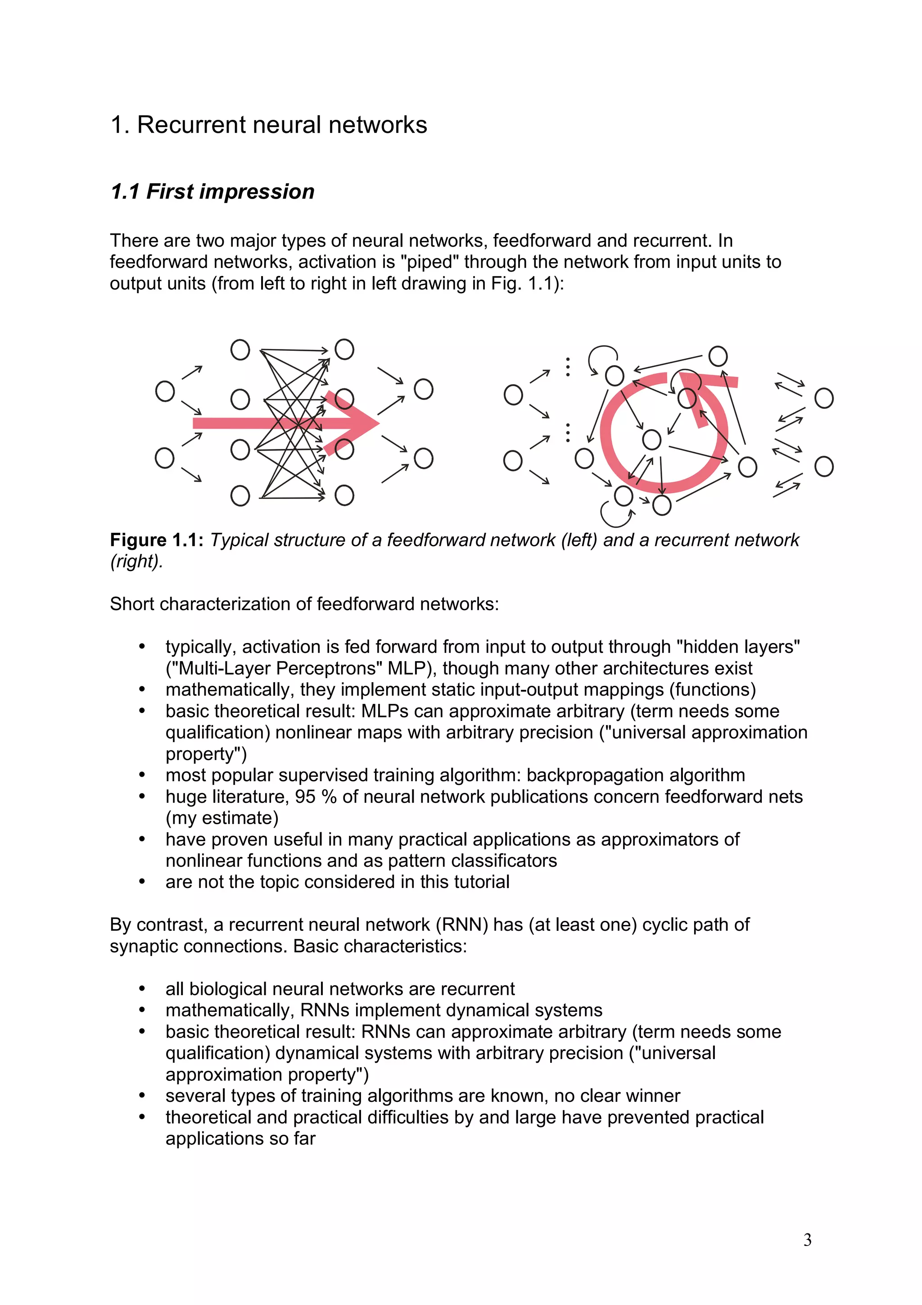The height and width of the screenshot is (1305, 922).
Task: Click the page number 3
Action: click(807, 1240)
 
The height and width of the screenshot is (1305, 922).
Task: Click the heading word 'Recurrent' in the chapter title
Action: click(190, 125)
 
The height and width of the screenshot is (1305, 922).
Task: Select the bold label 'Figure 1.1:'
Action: click(157, 539)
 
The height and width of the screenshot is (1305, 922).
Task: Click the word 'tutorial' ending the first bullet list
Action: click(484, 882)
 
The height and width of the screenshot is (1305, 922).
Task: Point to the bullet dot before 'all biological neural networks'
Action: click(142, 989)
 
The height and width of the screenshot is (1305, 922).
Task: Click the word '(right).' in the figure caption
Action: click(136, 561)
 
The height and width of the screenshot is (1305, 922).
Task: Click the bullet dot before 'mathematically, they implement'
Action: click(142, 689)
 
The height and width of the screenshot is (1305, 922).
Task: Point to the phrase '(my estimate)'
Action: click(221, 818)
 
